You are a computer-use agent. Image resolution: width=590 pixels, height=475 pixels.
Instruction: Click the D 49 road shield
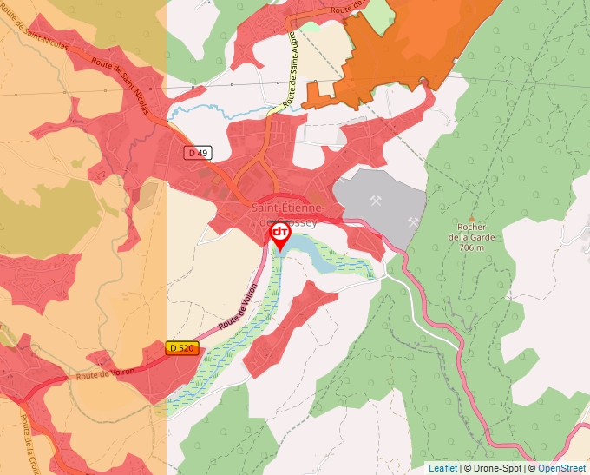pos(198,153)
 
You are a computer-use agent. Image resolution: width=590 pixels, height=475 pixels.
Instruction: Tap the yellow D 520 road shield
pos(182,348)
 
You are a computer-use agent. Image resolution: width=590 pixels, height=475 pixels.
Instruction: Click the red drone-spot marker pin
pos(280,234)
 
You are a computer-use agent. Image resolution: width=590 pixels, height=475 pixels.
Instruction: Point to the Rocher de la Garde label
pos(472,232)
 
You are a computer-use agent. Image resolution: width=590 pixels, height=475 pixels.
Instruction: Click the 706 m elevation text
pos(472,247)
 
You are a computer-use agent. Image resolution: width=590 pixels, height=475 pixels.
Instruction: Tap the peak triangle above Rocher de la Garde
pos(472,218)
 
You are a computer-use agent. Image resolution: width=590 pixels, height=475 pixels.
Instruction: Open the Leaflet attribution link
pos(443,468)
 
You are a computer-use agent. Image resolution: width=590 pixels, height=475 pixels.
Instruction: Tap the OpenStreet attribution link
pos(561,468)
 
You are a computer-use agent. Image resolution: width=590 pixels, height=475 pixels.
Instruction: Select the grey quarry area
pos(382,208)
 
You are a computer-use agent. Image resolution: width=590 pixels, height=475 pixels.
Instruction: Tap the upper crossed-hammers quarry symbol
pos(377,201)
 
